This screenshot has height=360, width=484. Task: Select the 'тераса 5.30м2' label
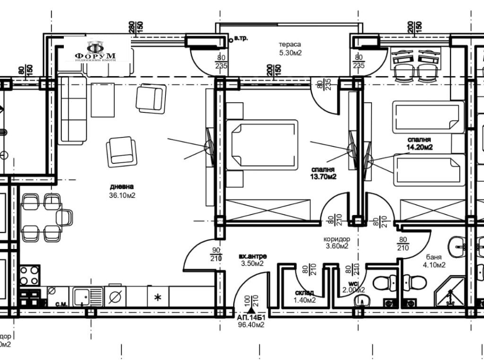click(x=290, y=48)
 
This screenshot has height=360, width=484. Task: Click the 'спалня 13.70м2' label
click(x=323, y=173)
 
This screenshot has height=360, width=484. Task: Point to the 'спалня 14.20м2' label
click(x=421, y=144)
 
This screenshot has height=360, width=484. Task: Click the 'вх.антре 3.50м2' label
click(x=251, y=260)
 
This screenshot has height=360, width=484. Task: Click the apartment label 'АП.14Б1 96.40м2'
click(x=251, y=321)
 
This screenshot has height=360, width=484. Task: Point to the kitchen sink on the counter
click(x=87, y=297)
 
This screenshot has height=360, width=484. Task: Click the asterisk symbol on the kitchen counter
click(x=158, y=297)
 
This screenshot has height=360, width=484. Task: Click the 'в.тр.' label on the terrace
click(x=241, y=39)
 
